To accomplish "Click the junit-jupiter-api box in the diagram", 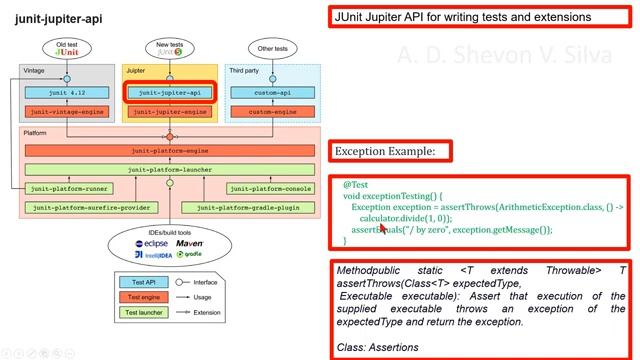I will (169, 91).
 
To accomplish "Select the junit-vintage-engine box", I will (66, 112).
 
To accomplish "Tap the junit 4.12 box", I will (66, 92).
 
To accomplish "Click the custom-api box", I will (271, 92).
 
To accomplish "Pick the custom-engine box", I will (271, 112).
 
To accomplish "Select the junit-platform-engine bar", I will (169, 151).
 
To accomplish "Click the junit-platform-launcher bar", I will (169, 170).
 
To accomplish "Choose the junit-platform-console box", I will (271, 188).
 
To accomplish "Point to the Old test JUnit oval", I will (66, 49).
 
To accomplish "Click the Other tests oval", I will (271, 47).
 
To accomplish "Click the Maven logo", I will (193, 243).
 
